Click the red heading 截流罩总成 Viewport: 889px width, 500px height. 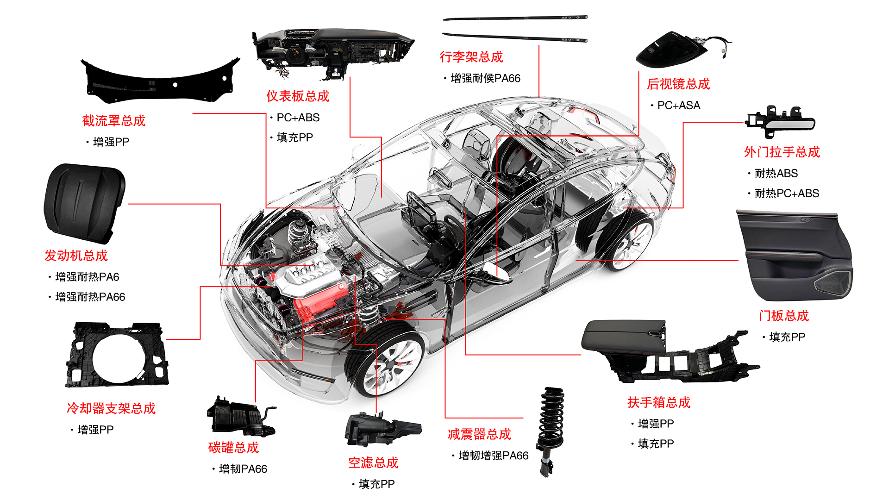[x=114, y=121]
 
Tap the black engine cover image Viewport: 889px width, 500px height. [x=84, y=202]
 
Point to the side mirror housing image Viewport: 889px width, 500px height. [x=671, y=50]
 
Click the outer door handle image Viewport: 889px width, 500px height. [x=781, y=122]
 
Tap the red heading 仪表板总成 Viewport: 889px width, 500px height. [x=298, y=96]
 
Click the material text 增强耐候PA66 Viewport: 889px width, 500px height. [x=485, y=79]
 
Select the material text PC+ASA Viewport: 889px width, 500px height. [x=678, y=106]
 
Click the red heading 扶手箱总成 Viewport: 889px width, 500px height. [x=658, y=402]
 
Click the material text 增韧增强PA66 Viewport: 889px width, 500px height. [x=493, y=456]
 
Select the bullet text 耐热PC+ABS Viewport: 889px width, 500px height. [x=786, y=194]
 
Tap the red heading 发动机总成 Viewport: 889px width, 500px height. [x=76, y=256]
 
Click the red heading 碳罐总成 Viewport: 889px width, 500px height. [x=233, y=448]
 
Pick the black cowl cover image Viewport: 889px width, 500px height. [x=160, y=81]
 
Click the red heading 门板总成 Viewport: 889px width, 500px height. [x=783, y=316]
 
